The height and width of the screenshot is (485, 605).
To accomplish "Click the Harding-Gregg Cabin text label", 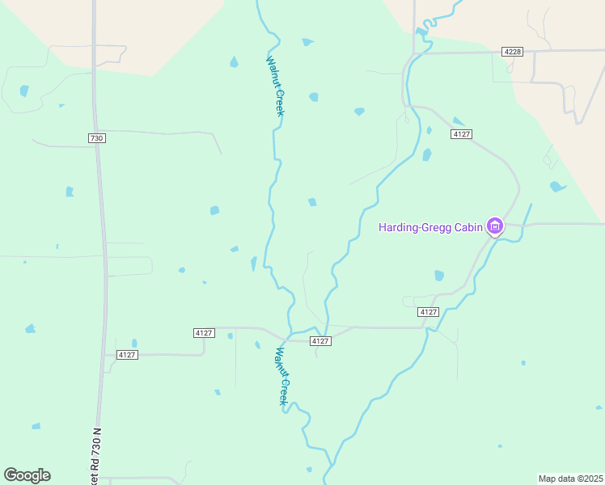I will tap(430, 226).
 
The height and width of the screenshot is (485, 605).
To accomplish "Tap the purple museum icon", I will tap(494, 226).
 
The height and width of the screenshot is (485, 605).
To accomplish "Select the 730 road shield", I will tap(96, 138).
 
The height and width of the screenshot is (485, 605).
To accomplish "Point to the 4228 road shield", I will tap(512, 52).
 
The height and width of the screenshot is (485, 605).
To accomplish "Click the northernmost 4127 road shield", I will tap(462, 133).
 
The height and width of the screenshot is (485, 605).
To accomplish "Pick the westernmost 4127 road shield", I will tap(127, 355).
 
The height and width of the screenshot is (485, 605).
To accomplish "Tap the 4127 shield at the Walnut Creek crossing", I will tap(320, 341).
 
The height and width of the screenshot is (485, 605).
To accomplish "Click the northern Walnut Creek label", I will tap(275, 85).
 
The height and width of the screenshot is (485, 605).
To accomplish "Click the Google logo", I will tap(27, 475).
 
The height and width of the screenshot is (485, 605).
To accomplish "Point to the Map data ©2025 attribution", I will tap(570, 479).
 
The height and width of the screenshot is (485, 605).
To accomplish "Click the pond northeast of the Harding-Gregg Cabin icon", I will tap(557, 187).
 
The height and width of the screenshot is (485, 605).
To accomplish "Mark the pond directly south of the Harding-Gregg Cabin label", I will tap(439, 276).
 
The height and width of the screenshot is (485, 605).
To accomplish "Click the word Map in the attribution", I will tap(548, 479).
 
